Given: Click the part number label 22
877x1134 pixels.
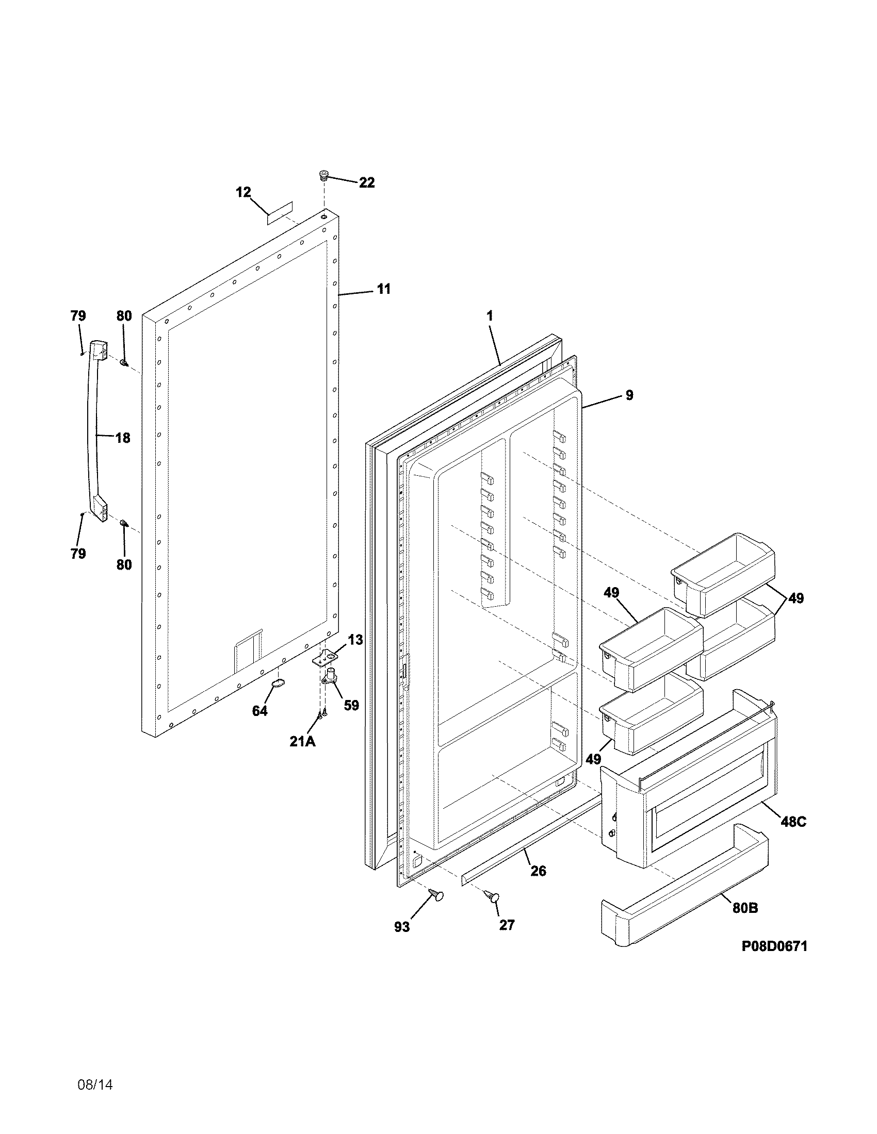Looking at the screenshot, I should pos(366,183).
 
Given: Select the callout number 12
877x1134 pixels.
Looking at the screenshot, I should pos(243,192).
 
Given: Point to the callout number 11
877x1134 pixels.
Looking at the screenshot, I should pos(383,289).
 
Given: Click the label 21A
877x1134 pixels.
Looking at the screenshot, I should pos(302,741).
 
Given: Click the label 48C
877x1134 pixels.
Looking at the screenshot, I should pos(793,822).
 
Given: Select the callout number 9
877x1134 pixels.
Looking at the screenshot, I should pos(629,395).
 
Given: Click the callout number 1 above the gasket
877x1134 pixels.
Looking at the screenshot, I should pos(490,315).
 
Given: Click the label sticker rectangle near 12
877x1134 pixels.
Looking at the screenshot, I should pos(280,213).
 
